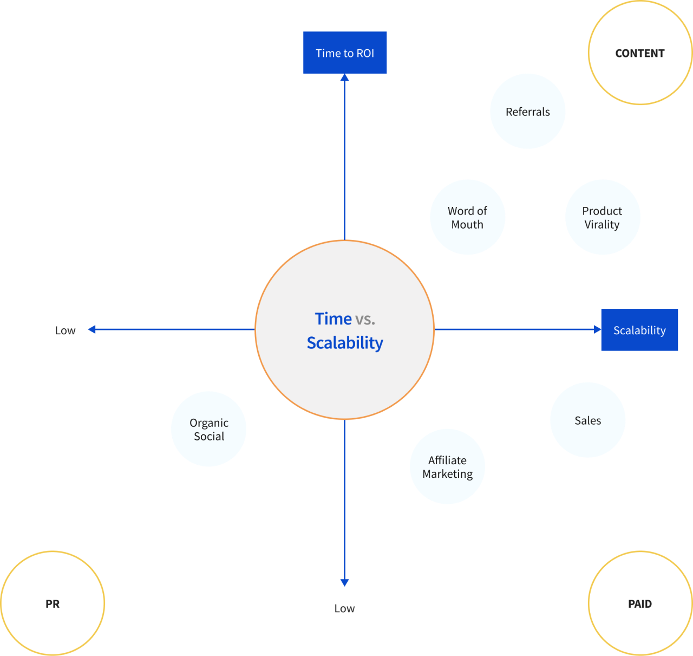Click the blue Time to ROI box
(345, 53)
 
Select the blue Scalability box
(639, 330)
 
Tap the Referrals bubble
(528, 112)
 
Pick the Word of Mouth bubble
(468, 217)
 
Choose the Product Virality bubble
(603, 217)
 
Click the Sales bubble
(588, 420)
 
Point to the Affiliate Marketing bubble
(447, 467)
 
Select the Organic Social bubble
(209, 429)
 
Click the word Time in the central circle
(333, 319)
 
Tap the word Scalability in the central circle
(345, 343)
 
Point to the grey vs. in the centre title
(365, 319)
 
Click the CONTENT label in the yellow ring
(640, 53)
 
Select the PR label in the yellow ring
(53, 603)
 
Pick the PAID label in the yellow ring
(640, 603)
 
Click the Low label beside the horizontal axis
(65, 330)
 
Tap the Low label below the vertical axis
(344, 608)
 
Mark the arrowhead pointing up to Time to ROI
(344, 77)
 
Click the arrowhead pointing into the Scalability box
(597, 329)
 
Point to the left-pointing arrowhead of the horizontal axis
(92, 329)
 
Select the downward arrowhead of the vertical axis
(344, 583)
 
